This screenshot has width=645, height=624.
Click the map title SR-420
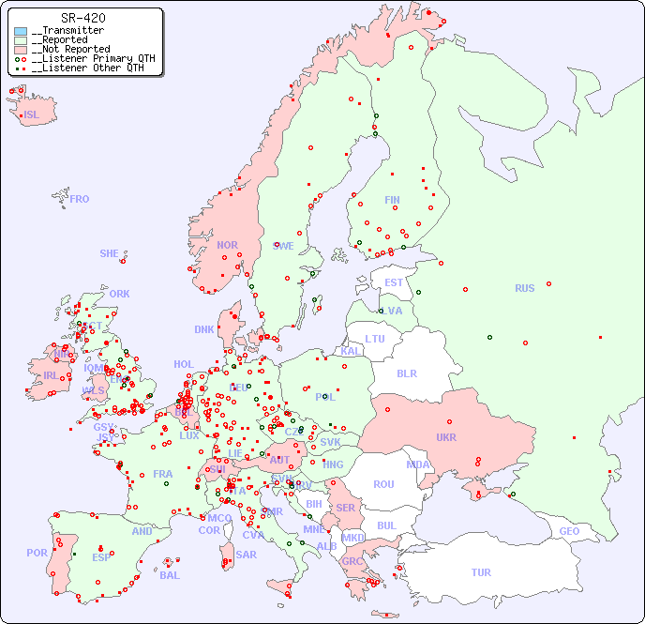[x=82, y=18]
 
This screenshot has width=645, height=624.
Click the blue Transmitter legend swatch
[x=21, y=31]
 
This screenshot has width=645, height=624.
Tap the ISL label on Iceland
[x=32, y=115]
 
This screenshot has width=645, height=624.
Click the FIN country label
[x=392, y=200]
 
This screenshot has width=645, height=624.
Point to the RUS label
[x=524, y=288]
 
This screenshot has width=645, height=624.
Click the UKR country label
[x=445, y=437]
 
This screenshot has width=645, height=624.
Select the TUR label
[x=481, y=572]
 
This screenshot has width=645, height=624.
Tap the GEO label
[x=569, y=531]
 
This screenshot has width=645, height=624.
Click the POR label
[x=37, y=553]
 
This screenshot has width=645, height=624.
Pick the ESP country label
[x=101, y=556]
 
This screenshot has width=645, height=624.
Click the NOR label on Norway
[x=227, y=245]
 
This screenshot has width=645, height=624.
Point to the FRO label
[x=80, y=199]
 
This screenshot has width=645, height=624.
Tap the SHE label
[x=109, y=253]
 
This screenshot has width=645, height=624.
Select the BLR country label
[x=407, y=373]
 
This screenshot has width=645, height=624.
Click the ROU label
[x=383, y=484]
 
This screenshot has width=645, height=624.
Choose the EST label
[x=394, y=282]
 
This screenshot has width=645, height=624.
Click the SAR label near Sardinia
[x=247, y=554]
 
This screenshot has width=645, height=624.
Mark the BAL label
[x=169, y=575]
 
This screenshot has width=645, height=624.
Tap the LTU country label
[x=375, y=339]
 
